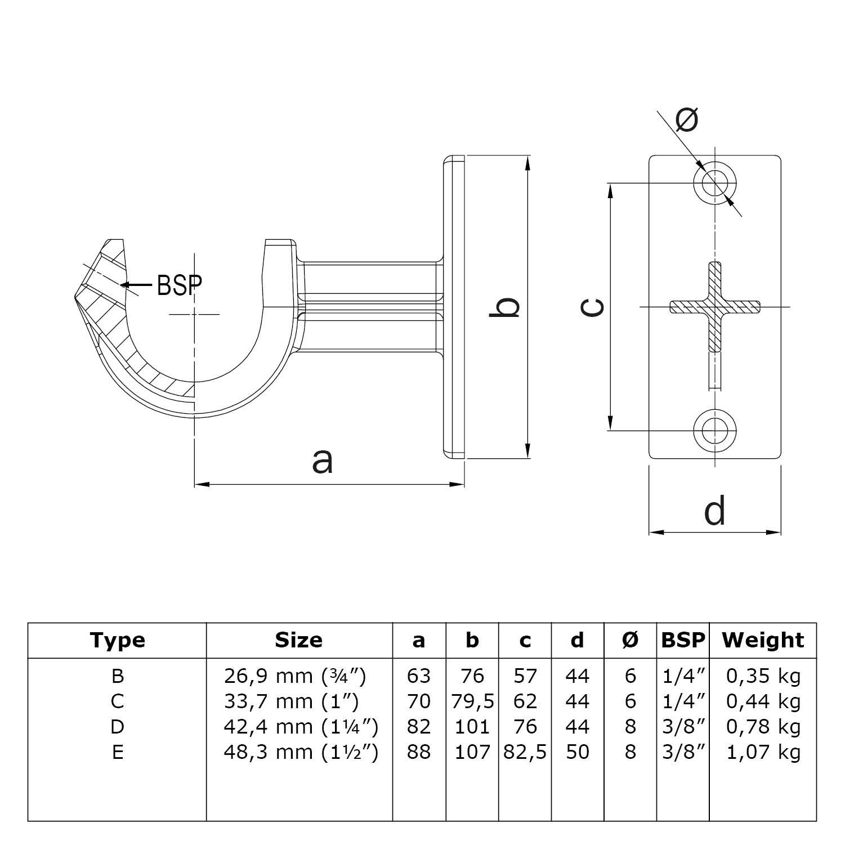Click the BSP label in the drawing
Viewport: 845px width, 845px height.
point(179,285)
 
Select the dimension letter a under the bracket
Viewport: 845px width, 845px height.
point(323,461)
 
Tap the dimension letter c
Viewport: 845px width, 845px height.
point(593,307)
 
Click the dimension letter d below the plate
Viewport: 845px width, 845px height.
point(714,511)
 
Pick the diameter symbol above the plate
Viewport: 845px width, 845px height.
point(686,119)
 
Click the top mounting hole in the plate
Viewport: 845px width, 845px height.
point(715,182)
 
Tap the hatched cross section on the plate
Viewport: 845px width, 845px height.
point(714,307)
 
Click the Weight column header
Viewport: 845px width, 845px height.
point(763,640)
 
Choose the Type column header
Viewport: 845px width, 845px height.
point(117,640)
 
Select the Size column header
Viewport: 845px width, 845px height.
point(298,640)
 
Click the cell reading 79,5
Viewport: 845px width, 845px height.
point(472,701)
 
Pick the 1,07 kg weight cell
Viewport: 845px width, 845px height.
point(763,752)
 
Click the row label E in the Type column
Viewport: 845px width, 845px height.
point(117,752)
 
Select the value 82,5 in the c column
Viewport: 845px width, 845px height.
point(525,752)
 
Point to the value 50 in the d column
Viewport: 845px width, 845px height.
point(577,752)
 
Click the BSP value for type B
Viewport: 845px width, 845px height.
point(683,676)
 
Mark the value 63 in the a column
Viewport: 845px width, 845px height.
point(418,676)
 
